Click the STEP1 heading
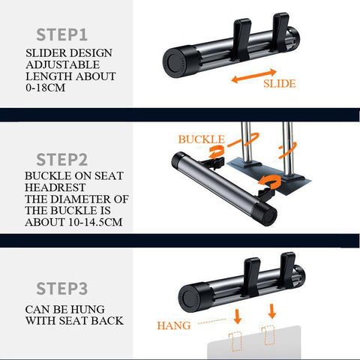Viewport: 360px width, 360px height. pyautogui.click(x=62, y=34)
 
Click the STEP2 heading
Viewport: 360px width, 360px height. pyautogui.click(x=62, y=160)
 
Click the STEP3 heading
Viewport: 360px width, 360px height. pyautogui.click(x=62, y=289)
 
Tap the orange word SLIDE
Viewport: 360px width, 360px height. pyautogui.click(x=280, y=83)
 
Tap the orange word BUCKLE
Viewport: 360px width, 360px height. pyautogui.click(x=202, y=139)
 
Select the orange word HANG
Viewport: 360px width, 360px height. pyautogui.click(x=174, y=325)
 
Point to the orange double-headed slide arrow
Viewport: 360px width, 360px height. pyautogui.click(x=253, y=76)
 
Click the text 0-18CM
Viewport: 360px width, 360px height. pyautogui.click(x=45, y=88)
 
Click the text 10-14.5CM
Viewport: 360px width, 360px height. pyautogui.click(x=95, y=222)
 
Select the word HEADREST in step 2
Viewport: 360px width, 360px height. pyautogui.click(x=55, y=187)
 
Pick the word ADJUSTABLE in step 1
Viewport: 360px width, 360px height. pyautogui.click(x=63, y=64)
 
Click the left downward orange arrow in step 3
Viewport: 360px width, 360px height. pyautogui.click(x=238, y=316)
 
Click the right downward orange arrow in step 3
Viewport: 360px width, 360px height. pyautogui.click(x=272, y=310)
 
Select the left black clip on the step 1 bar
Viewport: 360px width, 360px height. pyautogui.click(x=242, y=40)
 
